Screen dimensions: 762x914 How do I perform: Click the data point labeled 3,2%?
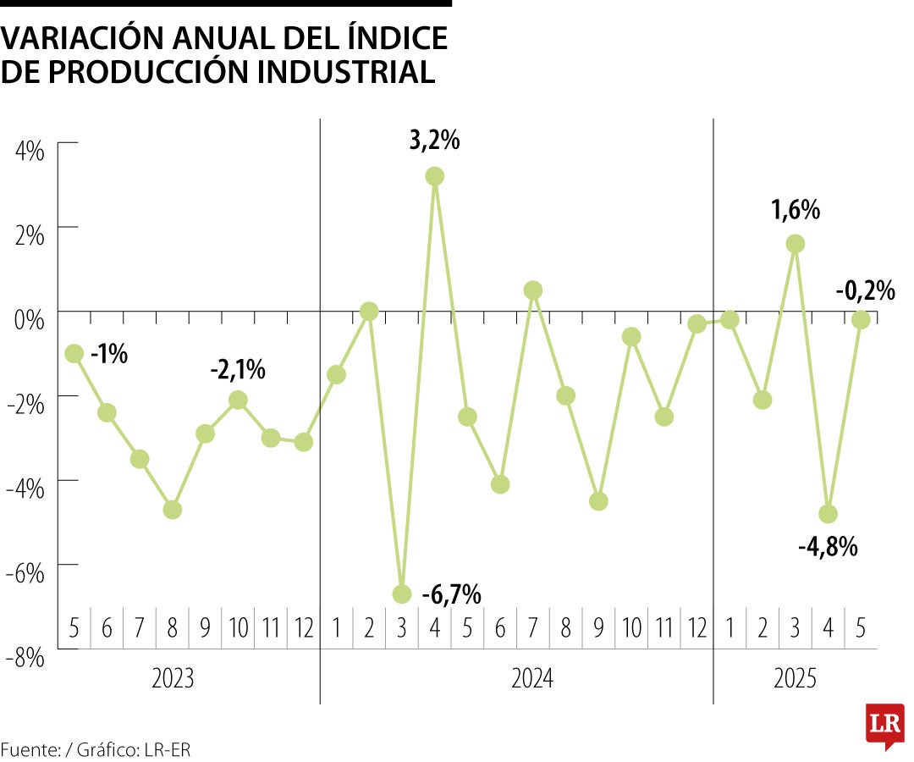click(435, 176)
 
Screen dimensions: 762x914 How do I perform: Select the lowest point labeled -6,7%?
click(402, 594)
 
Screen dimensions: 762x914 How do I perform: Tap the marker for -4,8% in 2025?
click(829, 514)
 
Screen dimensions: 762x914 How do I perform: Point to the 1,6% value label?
click(796, 210)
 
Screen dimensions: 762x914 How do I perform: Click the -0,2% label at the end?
click(865, 291)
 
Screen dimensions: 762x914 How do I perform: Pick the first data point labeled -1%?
click(74, 353)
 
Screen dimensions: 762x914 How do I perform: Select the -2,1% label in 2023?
click(238, 369)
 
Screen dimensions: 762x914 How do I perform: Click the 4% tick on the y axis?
click(30, 152)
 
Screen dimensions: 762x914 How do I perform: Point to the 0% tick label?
click(30, 321)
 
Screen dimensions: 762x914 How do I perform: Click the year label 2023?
click(173, 679)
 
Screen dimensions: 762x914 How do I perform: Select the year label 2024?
click(532, 679)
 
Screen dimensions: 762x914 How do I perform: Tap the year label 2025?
click(795, 679)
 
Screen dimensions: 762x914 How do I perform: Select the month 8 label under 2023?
click(173, 629)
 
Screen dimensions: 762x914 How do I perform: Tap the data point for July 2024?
click(533, 290)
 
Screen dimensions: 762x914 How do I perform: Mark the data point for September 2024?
click(598, 501)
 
